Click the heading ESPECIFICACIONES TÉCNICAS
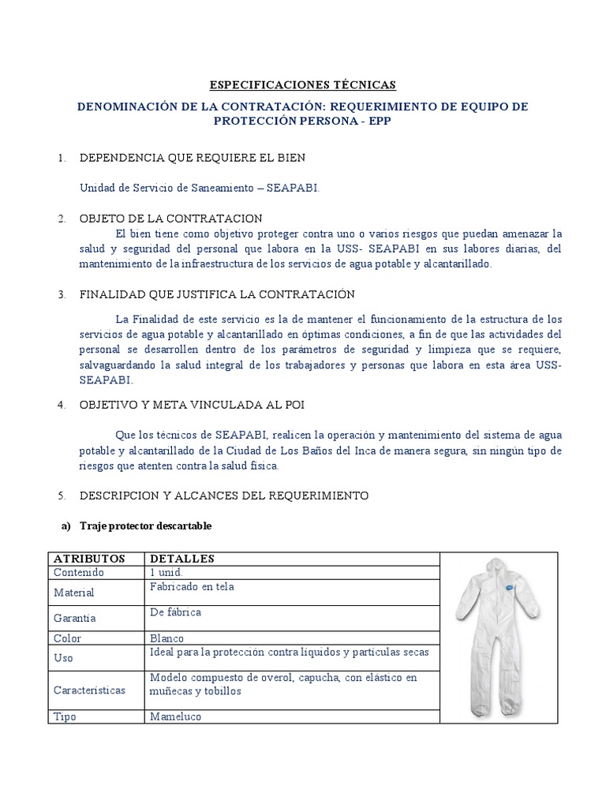[x=302, y=85]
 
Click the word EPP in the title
[x=379, y=121]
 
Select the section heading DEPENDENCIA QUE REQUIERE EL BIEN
[x=192, y=158]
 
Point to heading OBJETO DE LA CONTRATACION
[x=171, y=218]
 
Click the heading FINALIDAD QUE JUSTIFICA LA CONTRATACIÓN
[x=217, y=294]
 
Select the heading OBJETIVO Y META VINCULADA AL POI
[x=192, y=404]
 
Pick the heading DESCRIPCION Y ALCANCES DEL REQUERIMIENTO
[x=224, y=496]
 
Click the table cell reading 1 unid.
[x=166, y=572]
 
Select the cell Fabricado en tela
[x=191, y=587]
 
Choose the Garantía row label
[x=75, y=619]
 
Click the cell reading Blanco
[x=166, y=638]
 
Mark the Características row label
[x=89, y=690]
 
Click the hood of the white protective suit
[x=496, y=566]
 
